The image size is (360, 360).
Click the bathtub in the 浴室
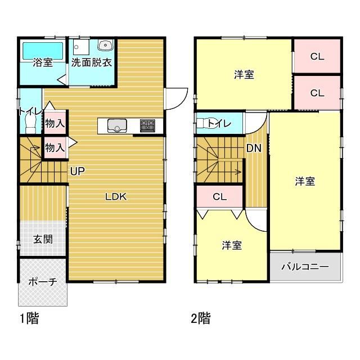tap(43, 51)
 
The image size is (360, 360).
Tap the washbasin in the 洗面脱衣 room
tap(105, 45)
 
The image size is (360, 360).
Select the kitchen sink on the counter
tap(117, 125)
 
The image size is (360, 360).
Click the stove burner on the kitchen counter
tap(147, 125)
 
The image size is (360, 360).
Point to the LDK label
tap(116, 197)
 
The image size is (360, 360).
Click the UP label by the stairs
tap(78, 171)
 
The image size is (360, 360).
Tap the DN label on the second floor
tap(254, 148)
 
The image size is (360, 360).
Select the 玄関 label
tap(43, 240)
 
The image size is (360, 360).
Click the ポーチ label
tap(43, 282)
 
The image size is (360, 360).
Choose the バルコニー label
tap(305, 267)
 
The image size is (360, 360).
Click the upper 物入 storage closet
tap(55, 123)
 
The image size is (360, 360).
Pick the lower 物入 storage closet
tap(55, 147)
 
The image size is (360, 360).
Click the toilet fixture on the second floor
tap(205, 123)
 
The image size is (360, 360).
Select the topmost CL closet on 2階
tap(317, 56)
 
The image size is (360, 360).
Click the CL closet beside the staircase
tap(220, 196)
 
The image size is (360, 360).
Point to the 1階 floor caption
tap(29, 318)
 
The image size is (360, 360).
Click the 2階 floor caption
tap(201, 318)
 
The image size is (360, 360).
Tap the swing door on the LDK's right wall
tap(176, 99)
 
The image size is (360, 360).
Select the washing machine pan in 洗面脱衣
tap(81, 47)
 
